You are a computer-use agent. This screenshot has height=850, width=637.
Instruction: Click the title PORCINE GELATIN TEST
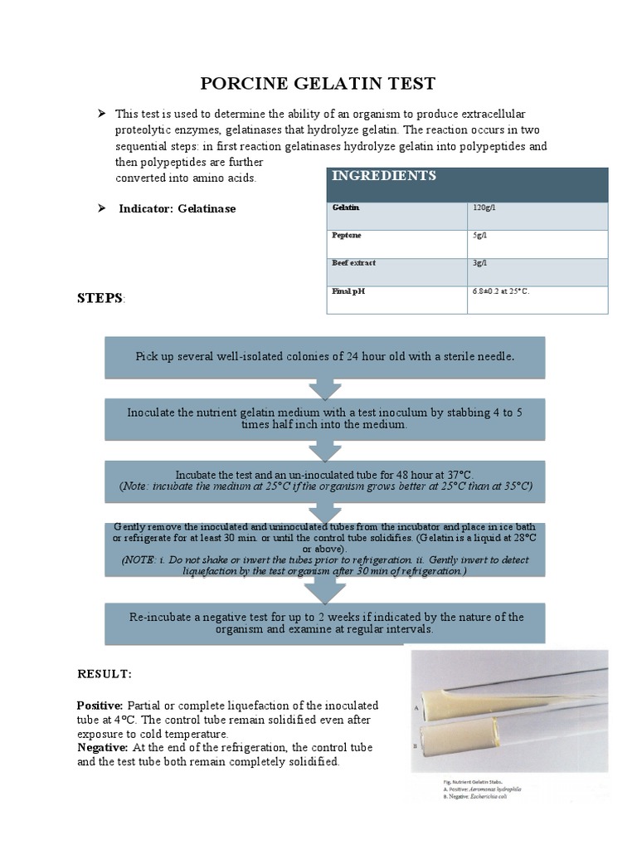[318, 84]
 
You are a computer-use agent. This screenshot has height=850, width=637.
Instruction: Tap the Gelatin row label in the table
[347, 208]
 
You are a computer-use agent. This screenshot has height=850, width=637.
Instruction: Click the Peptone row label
[348, 236]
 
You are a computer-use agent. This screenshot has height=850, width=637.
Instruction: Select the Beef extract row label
[354, 263]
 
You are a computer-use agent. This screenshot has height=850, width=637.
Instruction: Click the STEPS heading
[100, 297]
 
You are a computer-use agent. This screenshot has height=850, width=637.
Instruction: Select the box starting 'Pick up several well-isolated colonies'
[324, 357]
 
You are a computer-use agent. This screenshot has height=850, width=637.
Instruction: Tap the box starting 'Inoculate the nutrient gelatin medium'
[324, 418]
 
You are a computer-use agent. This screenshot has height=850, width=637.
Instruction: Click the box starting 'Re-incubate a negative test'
[324, 623]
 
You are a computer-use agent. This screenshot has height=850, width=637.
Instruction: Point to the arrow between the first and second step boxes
[324, 388]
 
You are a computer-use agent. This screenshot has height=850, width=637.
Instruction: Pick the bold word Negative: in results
[102, 747]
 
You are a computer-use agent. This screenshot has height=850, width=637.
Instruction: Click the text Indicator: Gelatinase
[177, 208]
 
